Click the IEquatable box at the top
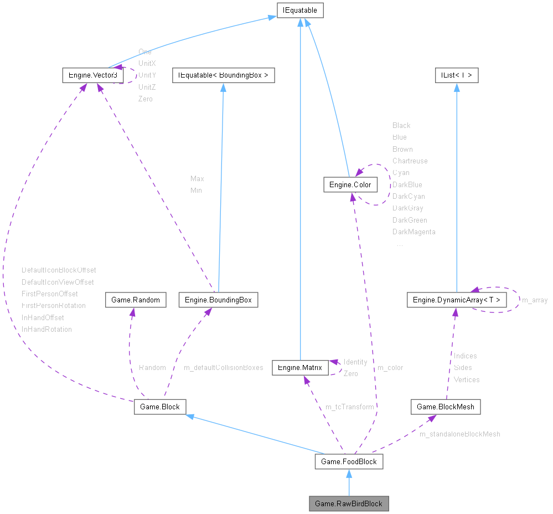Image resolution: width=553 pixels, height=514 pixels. pyautogui.click(x=300, y=10)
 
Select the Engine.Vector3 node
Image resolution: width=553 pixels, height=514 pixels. pyautogui.click(x=92, y=75)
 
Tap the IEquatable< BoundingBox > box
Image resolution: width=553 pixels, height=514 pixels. pyautogui.click(x=223, y=75)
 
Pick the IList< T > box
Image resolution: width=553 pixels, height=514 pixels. pyautogui.click(x=456, y=75)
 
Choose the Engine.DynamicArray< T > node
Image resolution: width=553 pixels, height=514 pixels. pyautogui.click(x=456, y=300)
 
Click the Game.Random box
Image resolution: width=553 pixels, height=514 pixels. pyautogui.click(x=136, y=300)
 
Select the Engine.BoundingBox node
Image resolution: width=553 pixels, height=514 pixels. pyautogui.click(x=218, y=300)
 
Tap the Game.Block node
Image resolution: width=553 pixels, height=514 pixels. pyautogui.click(x=160, y=407)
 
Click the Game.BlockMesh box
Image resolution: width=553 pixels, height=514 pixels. pyautogui.click(x=445, y=407)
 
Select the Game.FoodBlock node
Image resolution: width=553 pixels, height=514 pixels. pyautogui.click(x=349, y=461)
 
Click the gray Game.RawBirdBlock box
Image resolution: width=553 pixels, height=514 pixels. pyautogui.click(x=349, y=503)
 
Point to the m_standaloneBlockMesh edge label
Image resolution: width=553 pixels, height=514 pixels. pyautogui.click(x=459, y=434)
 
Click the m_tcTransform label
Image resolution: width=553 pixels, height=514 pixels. pyautogui.click(x=349, y=407)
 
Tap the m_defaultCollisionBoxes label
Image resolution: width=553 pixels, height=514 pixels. pyautogui.click(x=223, y=368)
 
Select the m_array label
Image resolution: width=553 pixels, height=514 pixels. pyautogui.click(x=535, y=300)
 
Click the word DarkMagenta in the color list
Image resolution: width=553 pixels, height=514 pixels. pyautogui.click(x=414, y=232)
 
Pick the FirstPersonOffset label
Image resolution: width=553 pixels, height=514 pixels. pyautogui.click(x=50, y=294)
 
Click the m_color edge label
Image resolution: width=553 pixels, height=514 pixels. pyautogui.click(x=390, y=368)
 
